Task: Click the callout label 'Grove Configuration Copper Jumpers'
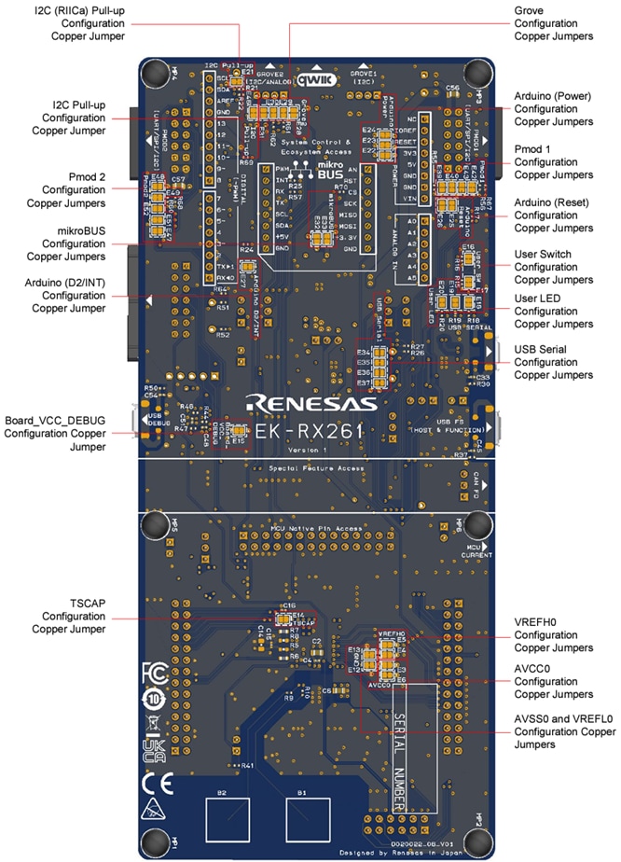[x=554, y=22]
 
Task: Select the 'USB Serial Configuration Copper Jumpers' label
[x=553, y=362]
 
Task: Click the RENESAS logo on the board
[x=311, y=403]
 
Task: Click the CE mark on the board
[x=155, y=779]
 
